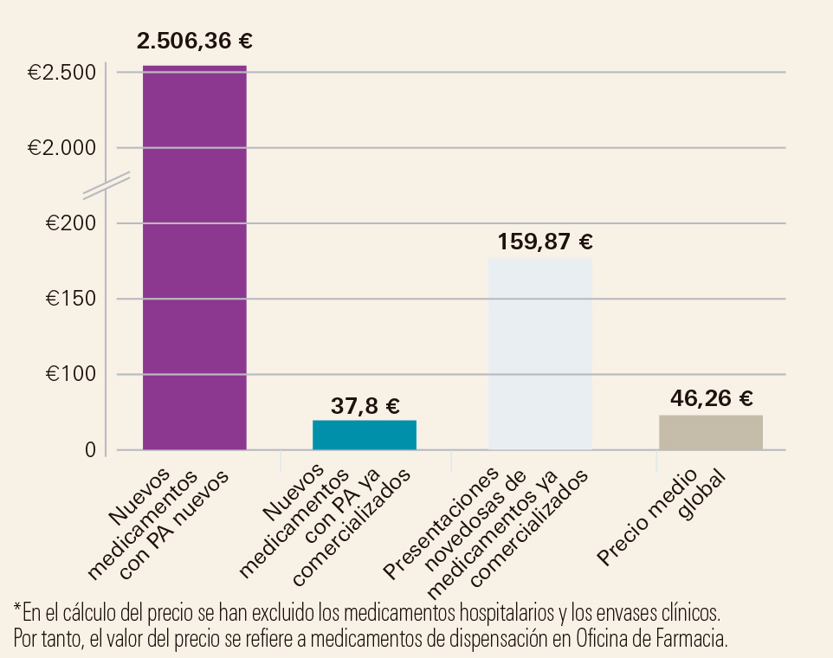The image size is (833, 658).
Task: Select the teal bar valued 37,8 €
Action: click(364, 435)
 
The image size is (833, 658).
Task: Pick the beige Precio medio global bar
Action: click(710, 432)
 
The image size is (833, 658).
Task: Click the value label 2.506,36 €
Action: click(195, 41)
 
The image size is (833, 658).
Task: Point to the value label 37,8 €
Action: click(365, 405)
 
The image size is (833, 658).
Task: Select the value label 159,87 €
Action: click(545, 242)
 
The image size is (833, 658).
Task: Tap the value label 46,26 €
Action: click(711, 398)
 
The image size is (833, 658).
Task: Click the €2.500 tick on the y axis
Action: click(61, 74)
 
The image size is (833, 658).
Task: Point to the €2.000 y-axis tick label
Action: click(61, 148)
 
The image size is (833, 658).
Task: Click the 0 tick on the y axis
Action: click(90, 450)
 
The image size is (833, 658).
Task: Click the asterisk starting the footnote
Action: click(17, 609)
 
